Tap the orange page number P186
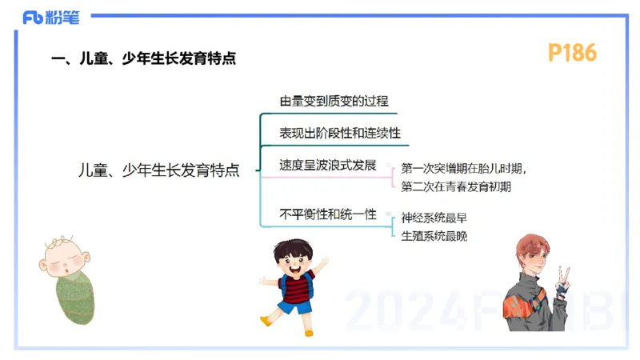pos(572,54)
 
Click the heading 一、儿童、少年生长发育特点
pos(143,59)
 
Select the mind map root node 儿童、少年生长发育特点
pos(159,170)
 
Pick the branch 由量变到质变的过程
pos(334,102)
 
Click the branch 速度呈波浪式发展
pos(327,166)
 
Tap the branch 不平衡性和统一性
pos(327,214)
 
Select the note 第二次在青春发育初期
pos(456,186)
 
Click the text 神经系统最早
pos(434,218)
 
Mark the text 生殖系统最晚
pos(434,236)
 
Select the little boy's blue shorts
pos(294,305)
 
